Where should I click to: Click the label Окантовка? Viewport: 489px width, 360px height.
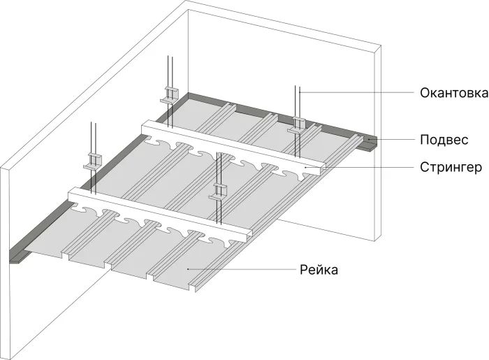(453, 93)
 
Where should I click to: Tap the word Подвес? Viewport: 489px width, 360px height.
(444, 140)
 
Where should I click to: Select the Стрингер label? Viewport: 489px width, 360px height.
(450, 168)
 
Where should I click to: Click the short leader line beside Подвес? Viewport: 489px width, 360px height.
(391, 140)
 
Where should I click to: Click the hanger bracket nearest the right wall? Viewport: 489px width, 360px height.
(298, 124)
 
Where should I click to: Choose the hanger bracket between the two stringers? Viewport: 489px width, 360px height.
(219, 190)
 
